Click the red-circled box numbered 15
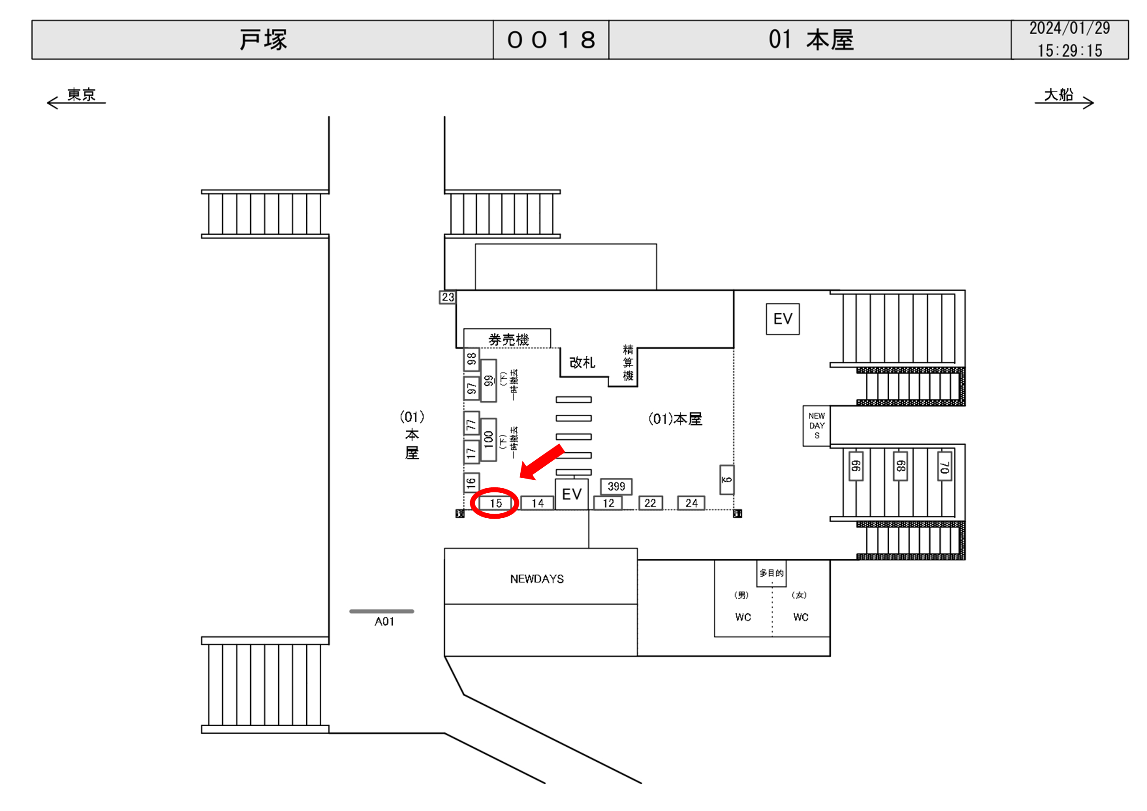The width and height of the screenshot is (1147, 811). coord(495,503)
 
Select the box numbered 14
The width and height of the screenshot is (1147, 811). coord(537,503)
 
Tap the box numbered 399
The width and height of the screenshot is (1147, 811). coord(616,487)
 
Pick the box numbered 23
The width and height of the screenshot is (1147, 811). coord(448,297)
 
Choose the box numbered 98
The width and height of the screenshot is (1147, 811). coord(471,359)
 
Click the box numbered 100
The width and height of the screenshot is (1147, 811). coord(488,439)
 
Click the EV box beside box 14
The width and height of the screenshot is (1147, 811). coord(572,494)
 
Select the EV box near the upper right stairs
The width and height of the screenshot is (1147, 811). coord(782,319)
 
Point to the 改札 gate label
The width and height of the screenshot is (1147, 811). coord(582,362)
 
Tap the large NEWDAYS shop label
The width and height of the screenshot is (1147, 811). coord(537,579)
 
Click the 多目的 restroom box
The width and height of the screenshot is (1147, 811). coord(771,573)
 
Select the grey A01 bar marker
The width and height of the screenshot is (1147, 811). coord(381,611)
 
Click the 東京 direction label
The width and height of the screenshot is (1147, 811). coord(81,95)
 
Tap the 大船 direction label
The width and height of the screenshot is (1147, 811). coord(1058,95)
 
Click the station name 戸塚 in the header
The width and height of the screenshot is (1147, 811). coord(263,40)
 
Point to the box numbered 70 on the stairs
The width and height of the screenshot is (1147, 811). coord(944,466)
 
